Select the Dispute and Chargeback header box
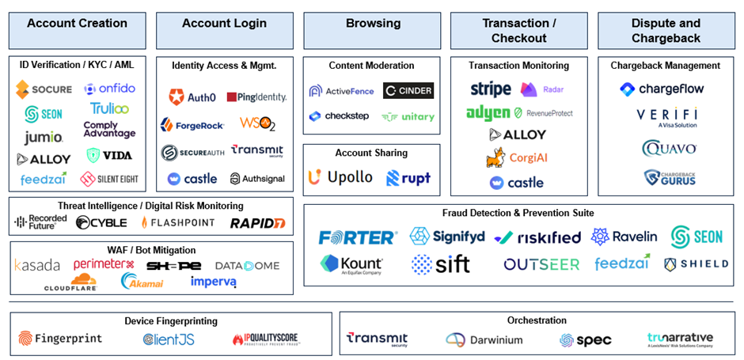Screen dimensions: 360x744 666,30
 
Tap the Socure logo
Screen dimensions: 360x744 44,89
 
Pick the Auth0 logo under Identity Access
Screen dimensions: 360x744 192,97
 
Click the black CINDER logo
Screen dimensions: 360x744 408,91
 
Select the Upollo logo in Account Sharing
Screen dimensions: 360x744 340,177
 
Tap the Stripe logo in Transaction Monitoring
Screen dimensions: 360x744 491,89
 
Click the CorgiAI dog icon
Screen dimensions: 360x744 496,157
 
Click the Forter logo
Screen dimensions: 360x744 358,237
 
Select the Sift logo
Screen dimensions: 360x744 441,264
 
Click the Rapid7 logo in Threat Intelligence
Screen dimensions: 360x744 257,223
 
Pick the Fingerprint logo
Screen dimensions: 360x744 61,339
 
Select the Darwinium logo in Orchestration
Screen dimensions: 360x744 484,339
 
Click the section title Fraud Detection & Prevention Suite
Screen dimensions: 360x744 518,213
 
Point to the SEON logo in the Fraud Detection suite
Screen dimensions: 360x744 697,237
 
